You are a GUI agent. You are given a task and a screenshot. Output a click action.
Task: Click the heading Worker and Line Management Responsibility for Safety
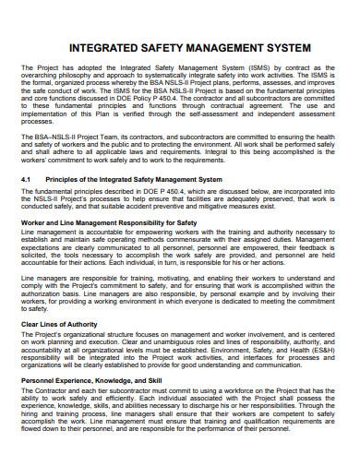click(x=109, y=222)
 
